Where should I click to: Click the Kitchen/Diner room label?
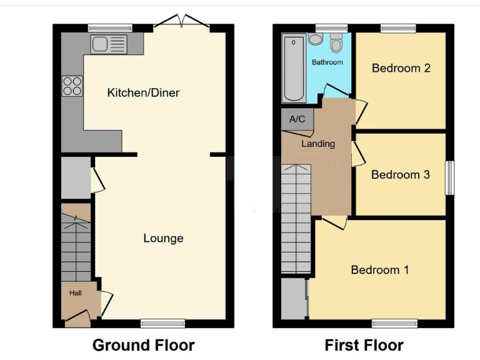click(x=143, y=92)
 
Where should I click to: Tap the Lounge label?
click(x=163, y=238)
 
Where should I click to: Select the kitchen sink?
click(x=109, y=44)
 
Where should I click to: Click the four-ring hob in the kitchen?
click(x=72, y=86)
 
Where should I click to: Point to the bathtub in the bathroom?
click(x=292, y=69)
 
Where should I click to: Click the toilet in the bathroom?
click(x=337, y=43)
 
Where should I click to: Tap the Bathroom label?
click(x=327, y=62)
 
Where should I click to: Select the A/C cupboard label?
click(x=297, y=119)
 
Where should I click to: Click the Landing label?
click(x=318, y=144)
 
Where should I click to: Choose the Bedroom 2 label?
click(x=401, y=68)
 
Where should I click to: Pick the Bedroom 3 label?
click(x=400, y=174)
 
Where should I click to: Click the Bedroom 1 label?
click(x=379, y=270)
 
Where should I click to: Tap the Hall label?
click(x=75, y=292)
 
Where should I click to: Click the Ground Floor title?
click(x=143, y=345)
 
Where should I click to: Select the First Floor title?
click(x=364, y=345)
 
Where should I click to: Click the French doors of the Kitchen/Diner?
click(x=181, y=22)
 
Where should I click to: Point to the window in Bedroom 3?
click(x=449, y=178)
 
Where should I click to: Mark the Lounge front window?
click(x=162, y=323)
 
